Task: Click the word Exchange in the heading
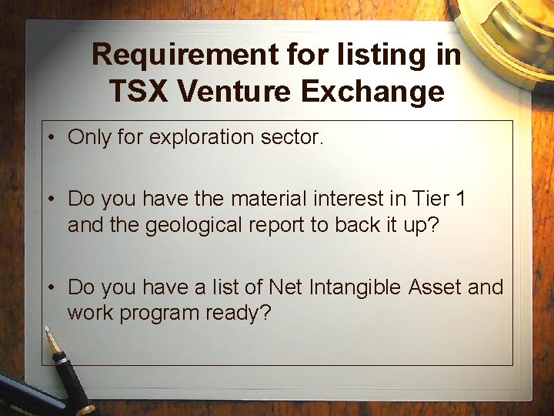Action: coord(372,92)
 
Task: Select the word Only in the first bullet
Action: coord(88,138)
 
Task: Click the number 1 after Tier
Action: coord(460,199)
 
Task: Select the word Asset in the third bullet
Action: coord(436,287)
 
